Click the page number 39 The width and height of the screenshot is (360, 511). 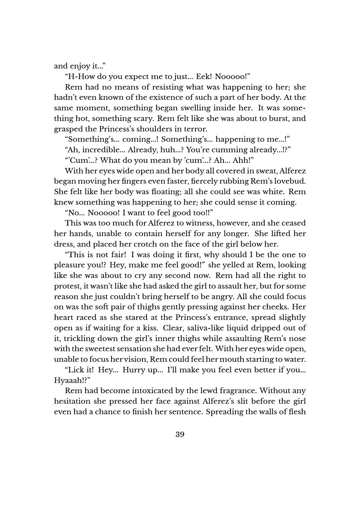(x=180, y=434)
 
